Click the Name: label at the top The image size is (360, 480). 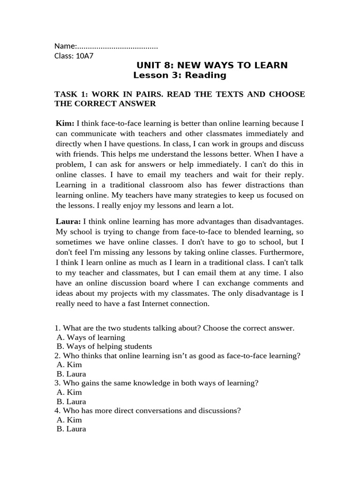point(65,46)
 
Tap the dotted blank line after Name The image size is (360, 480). point(117,46)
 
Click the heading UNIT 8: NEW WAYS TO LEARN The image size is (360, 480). point(212,65)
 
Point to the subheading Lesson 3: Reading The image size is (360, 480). point(180,75)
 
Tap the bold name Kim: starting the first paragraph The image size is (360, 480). point(65,123)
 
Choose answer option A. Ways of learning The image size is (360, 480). point(90,337)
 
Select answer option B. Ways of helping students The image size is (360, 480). point(104,346)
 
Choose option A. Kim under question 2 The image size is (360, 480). point(69,365)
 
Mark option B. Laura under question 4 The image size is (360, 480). point(71,429)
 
